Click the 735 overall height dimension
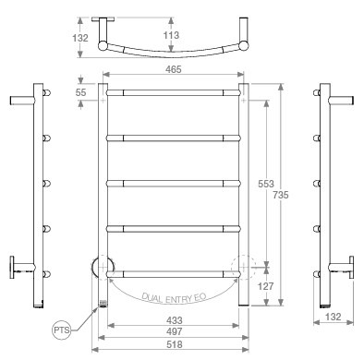281,195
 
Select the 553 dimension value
266,184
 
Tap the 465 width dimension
174,69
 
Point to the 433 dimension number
175,320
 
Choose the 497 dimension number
175,331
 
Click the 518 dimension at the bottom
175,344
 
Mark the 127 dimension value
265,286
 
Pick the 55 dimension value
80,92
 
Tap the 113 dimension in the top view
171,35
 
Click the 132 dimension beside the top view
80,38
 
